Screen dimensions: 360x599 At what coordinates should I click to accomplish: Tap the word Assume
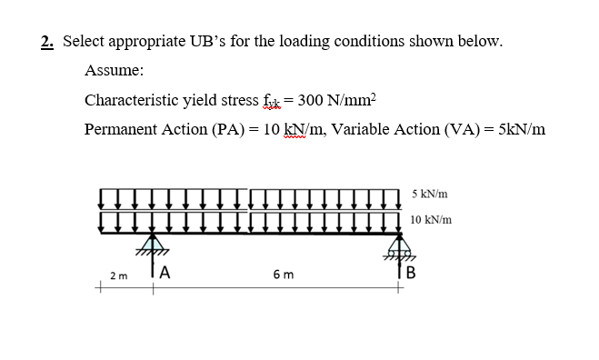(114, 71)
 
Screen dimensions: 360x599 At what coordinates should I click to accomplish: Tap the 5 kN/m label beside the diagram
(429, 195)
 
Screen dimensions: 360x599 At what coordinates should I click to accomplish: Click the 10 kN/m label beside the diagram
(431, 220)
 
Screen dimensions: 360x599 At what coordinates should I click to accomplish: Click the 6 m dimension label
(282, 275)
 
